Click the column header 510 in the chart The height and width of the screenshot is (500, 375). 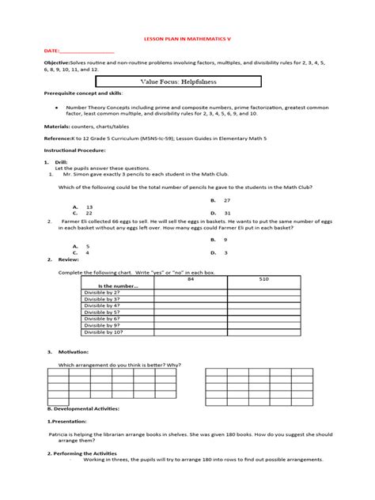pos(263,279)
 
